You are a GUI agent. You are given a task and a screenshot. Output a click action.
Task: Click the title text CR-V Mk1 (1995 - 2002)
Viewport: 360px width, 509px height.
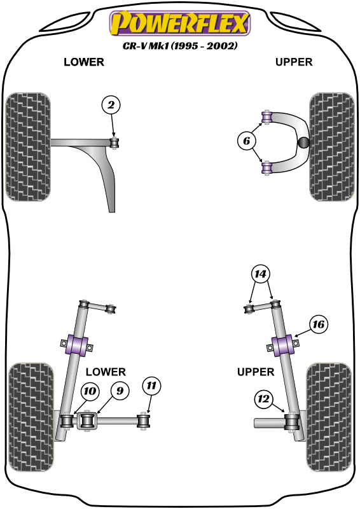pyautogui.click(x=179, y=46)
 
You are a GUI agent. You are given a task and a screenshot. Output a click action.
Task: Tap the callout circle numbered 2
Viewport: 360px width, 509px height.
pyautogui.click(x=111, y=106)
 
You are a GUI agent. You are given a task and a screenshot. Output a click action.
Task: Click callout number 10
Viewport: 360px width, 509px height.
pyautogui.click(x=90, y=393)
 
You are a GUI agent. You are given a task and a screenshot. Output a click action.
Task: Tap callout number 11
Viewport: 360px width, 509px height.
pyautogui.click(x=153, y=385)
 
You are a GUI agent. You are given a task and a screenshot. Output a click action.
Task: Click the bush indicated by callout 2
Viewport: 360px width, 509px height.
pyautogui.click(x=115, y=142)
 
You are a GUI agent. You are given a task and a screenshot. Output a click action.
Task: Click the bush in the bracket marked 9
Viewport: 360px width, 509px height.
pyautogui.click(x=89, y=421)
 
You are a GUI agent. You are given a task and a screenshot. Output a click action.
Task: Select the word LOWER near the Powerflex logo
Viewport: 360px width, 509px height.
pyautogui.click(x=83, y=62)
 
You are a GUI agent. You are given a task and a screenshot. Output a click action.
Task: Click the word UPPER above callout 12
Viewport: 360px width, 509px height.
pyautogui.click(x=256, y=372)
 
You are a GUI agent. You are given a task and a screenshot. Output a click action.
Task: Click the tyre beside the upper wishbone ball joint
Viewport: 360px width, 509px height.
pyautogui.click(x=331, y=146)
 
